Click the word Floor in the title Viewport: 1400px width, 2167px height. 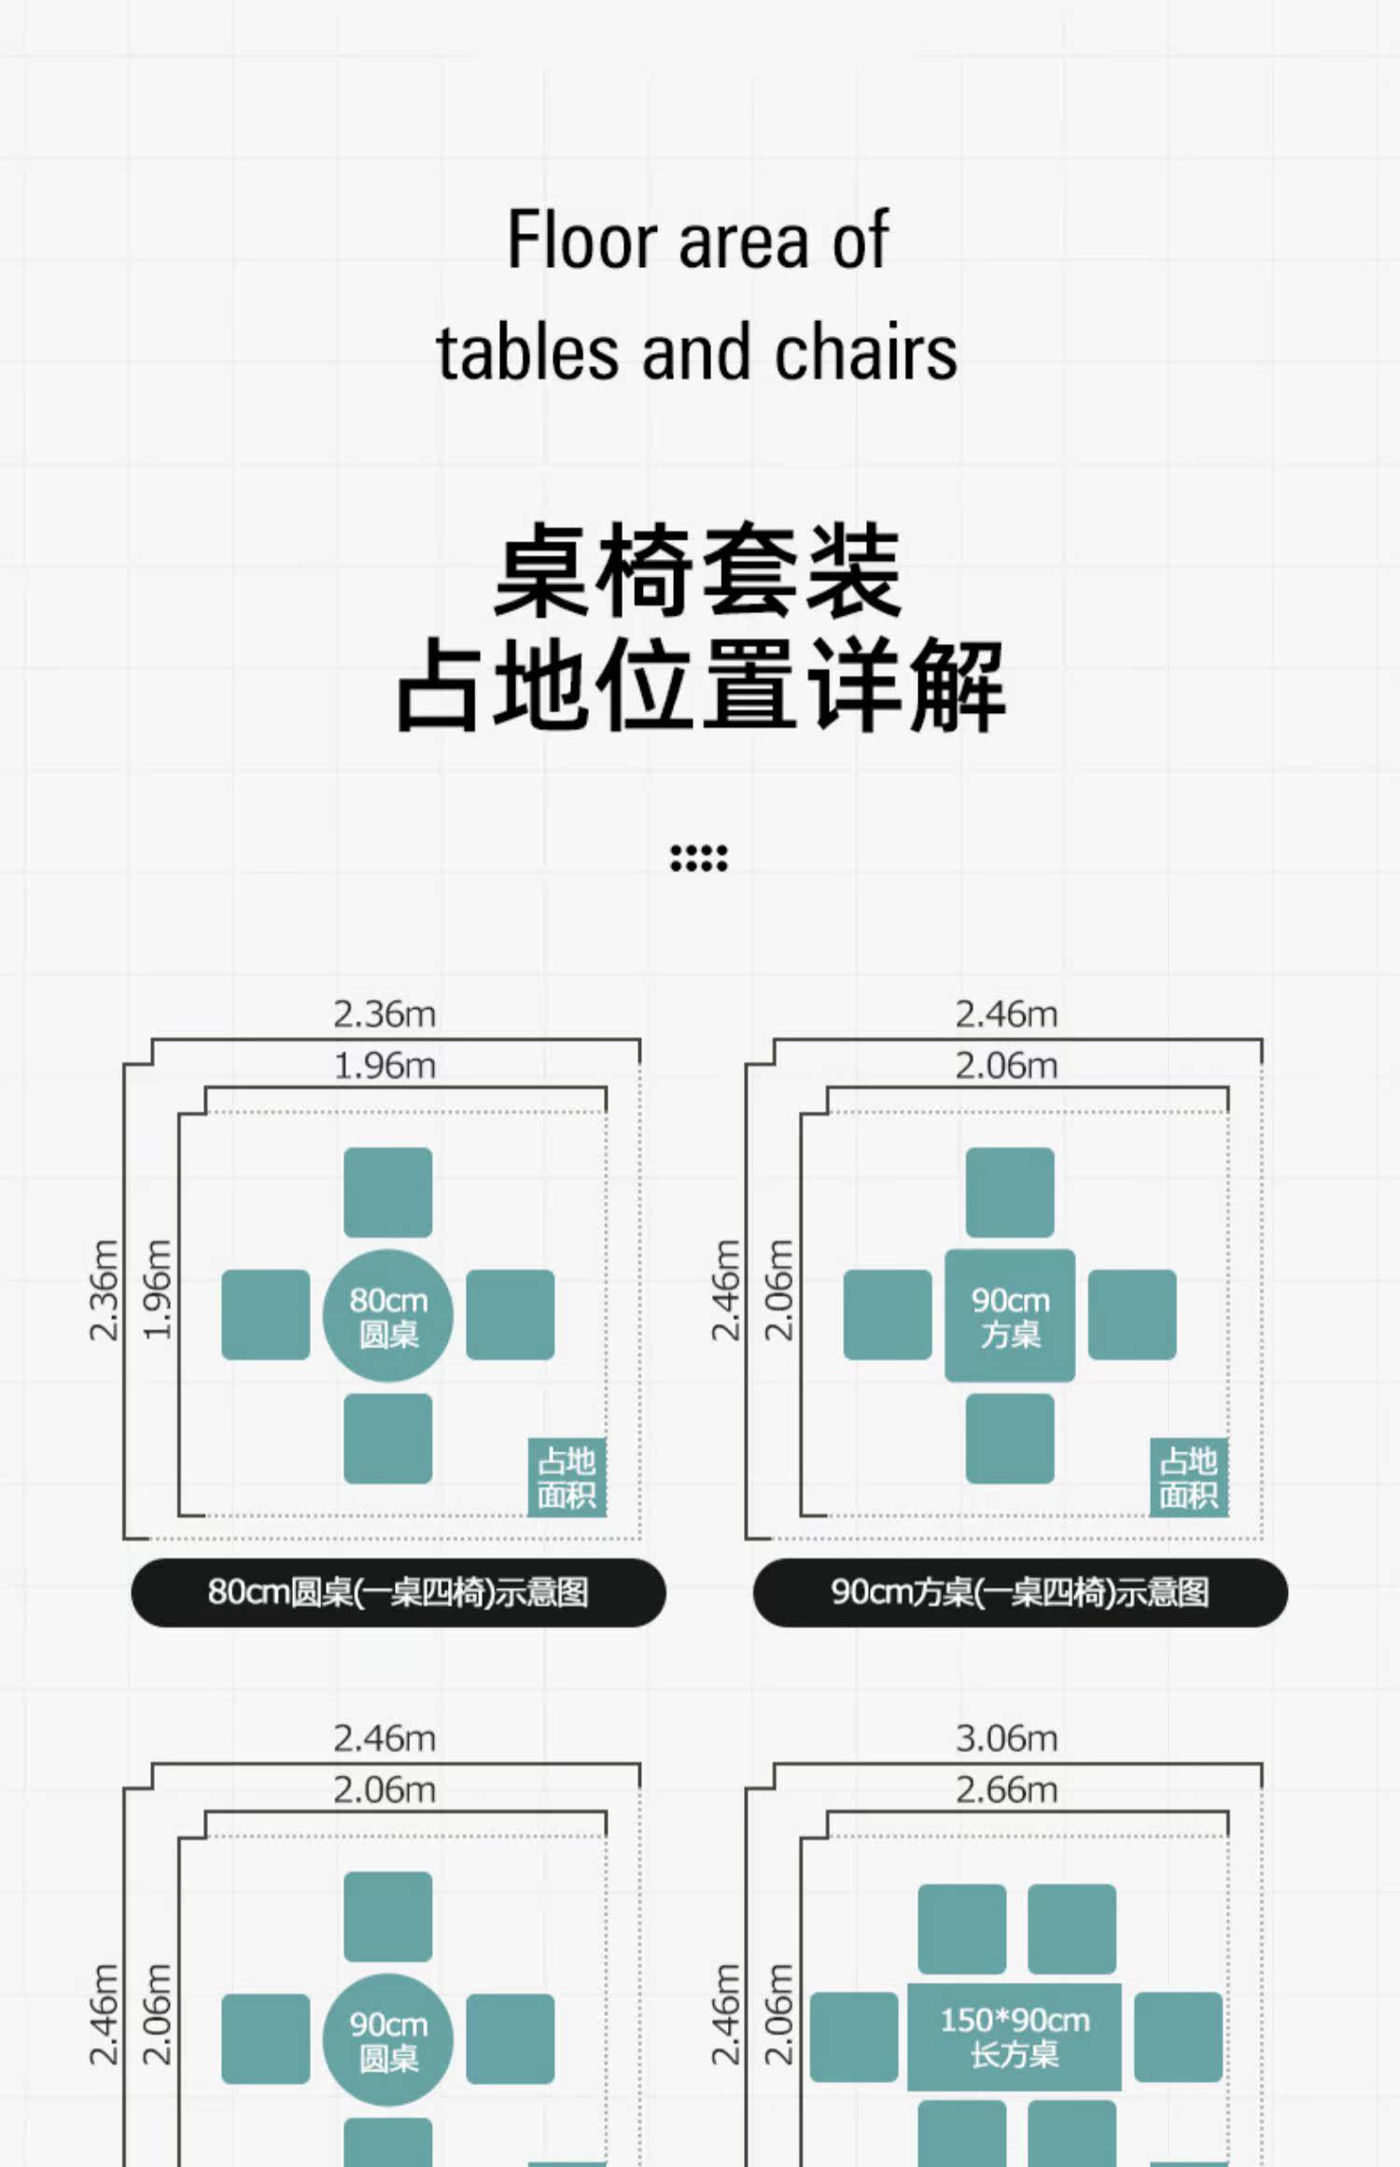pyautogui.click(x=582, y=241)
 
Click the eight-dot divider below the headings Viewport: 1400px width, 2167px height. pyautogui.click(x=698, y=858)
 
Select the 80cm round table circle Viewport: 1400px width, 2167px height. pyautogui.click(x=388, y=1316)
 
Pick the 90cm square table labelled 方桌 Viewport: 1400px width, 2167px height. pyautogui.click(x=1010, y=1316)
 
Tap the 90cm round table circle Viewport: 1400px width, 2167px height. pyautogui.click(x=388, y=2039)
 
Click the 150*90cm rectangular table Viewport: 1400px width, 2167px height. pyautogui.click(x=1015, y=2036)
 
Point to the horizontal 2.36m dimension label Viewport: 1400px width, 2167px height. pyautogui.click(x=385, y=1014)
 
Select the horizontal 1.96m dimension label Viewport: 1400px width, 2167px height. pyautogui.click(x=385, y=1066)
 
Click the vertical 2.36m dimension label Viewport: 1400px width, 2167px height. pyautogui.click(x=104, y=1291)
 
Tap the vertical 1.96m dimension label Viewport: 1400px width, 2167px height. pyautogui.click(x=157, y=1291)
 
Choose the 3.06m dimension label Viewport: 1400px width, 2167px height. pyautogui.click(x=1006, y=1739)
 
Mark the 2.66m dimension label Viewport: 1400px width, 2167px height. pyautogui.click(x=1006, y=1790)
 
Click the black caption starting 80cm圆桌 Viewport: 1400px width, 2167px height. pyautogui.click(x=399, y=1592)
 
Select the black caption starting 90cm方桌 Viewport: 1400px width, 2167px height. pyautogui.click(x=1020, y=1592)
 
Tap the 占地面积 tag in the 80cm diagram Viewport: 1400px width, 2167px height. pyautogui.click(x=567, y=1477)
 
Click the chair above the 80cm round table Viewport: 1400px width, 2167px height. pyautogui.click(x=388, y=1193)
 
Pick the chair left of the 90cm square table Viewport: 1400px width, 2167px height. pyautogui.click(x=888, y=1314)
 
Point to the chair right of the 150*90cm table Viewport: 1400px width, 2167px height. pyautogui.click(x=1178, y=2036)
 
